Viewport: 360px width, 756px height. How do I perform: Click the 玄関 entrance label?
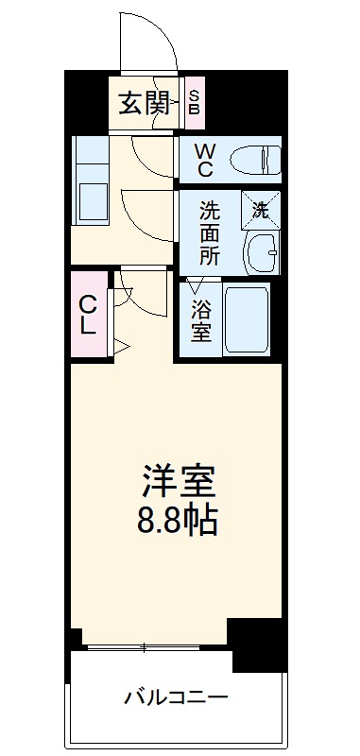coord(143,102)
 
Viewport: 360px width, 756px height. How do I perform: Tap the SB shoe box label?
coord(194,102)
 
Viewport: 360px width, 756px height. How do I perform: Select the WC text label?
coord(205,160)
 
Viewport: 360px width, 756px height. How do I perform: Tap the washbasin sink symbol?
coord(258,252)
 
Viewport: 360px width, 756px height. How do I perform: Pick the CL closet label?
coord(87,316)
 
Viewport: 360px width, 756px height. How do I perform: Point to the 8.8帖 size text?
coord(180,520)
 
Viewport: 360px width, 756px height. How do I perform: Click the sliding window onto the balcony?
coord(151,647)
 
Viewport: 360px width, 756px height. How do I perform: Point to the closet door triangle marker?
coord(121,346)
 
